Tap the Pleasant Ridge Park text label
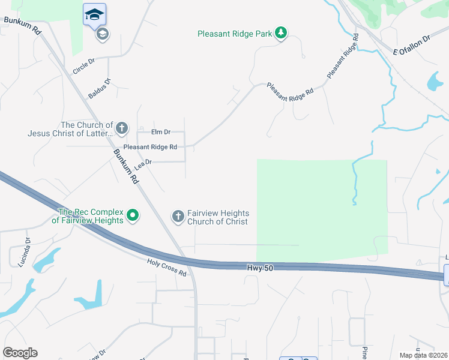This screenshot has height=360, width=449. coord(235,34)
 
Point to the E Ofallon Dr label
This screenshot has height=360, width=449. coord(412,45)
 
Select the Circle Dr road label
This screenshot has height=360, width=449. coord(84,66)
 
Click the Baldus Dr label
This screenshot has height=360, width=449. coord(100,88)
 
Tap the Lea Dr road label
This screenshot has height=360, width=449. coord(144,165)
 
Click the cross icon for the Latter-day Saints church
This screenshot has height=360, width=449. coord(121,128)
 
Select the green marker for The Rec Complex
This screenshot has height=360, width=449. coord(133,215)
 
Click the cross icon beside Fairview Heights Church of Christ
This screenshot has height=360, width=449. coord(178,216)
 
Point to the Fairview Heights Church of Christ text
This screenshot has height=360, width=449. coord(218,217)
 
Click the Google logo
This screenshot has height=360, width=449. coord(20,353)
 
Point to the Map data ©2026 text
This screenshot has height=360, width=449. coord(423,355)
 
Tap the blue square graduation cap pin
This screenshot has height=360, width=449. coord(94,14)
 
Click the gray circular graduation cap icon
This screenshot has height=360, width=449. coord(102,34)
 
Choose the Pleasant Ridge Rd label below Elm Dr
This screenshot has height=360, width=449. coord(150,147)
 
